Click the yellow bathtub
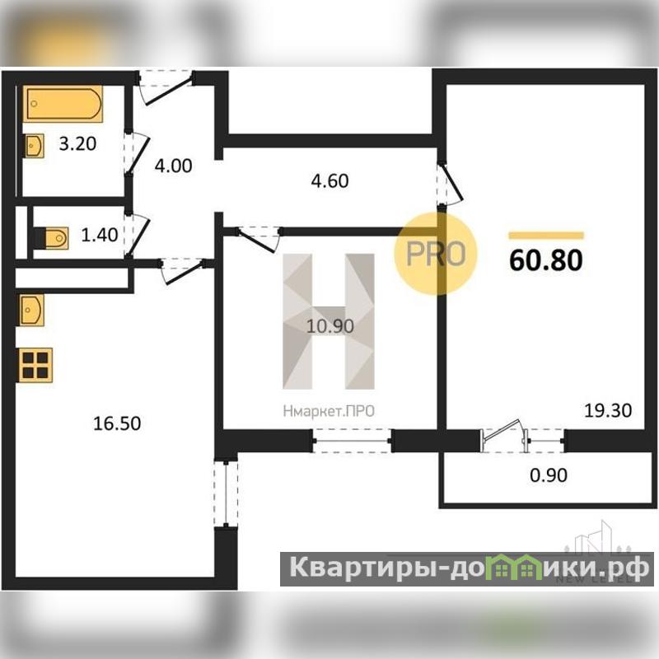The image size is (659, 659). pyautogui.click(x=63, y=104)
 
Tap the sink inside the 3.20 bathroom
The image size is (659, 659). pyautogui.click(x=34, y=146)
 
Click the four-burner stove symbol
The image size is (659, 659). pyautogui.click(x=35, y=365)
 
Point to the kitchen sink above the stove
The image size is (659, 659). pyautogui.click(x=31, y=311)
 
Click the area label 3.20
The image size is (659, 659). pyautogui.click(x=77, y=144)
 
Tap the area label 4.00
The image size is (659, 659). pyautogui.click(x=174, y=166)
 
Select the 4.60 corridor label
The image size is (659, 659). pyautogui.click(x=330, y=180)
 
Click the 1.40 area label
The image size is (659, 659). pyautogui.click(x=100, y=235)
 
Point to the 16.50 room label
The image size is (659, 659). pyautogui.click(x=117, y=423)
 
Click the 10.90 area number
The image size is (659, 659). pyautogui.click(x=330, y=326)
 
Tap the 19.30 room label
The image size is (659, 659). pyautogui.click(x=608, y=410)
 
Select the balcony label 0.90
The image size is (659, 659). pyautogui.click(x=549, y=475)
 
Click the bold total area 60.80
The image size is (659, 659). pyautogui.click(x=546, y=260)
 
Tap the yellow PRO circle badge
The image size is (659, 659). pyautogui.click(x=436, y=254)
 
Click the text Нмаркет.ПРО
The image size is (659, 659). pyautogui.click(x=329, y=411)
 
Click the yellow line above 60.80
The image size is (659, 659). pyautogui.click(x=546, y=236)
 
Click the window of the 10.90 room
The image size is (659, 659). pyautogui.click(x=353, y=441)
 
